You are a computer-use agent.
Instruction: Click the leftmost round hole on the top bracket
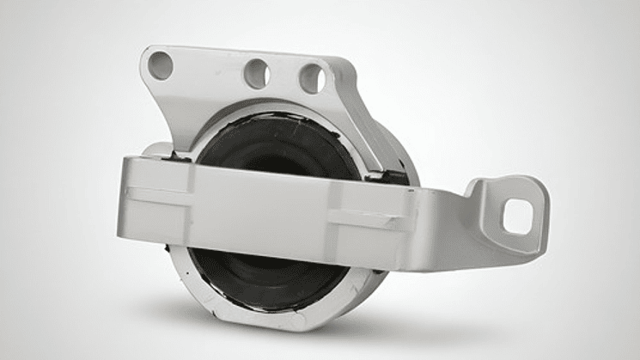click(161, 65)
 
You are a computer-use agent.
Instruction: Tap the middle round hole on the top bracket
click(257, 73)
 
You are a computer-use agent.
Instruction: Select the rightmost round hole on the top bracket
click(312, 79)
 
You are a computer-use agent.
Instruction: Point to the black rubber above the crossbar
click(275, 142)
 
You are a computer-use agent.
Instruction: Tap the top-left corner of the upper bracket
click(146, 52)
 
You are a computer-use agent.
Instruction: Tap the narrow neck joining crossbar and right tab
click(455, 206)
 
